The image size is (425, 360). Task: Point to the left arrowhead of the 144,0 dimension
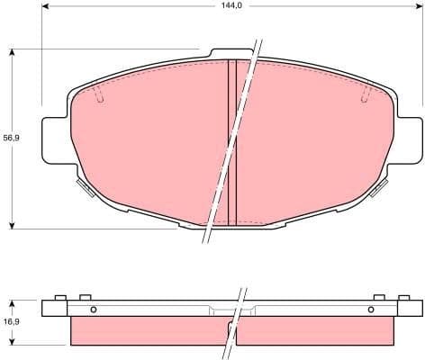click(x=45, y=15)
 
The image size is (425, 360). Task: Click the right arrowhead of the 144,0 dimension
click(x=415, y=15)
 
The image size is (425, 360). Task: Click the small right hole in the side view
click(x=371, y=310)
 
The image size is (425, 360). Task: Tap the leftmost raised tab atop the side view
click(x=59, y=298)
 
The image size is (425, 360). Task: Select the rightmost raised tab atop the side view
click(x=402, y=298)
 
